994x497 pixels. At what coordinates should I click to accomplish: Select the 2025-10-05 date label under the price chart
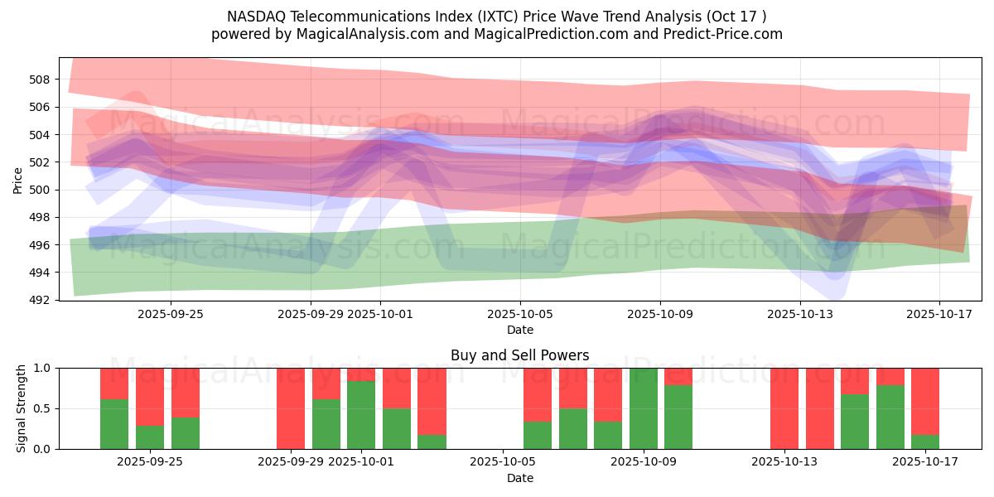click(520, 314)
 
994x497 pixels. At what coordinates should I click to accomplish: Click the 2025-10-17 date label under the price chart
click(939, 314)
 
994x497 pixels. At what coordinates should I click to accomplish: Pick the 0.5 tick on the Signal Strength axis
click(42, 408)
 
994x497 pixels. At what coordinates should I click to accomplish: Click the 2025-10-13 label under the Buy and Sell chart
click(784, 462)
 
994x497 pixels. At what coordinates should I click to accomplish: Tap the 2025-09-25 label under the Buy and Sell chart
click(150, 462)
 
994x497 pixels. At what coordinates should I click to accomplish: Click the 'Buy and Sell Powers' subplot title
click(519, 355)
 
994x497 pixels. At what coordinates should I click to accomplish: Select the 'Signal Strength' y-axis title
click(21, 408)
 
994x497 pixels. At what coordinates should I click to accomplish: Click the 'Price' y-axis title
click(17, 181)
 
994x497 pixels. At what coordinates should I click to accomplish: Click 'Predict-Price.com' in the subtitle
click(723, 34)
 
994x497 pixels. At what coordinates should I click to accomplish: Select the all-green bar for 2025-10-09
click(644, 408)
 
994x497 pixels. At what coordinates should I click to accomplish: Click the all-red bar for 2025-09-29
click(291, 408)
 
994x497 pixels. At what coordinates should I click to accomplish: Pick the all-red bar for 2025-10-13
click(784, 408)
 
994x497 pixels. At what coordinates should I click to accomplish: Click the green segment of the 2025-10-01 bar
click(361, 415)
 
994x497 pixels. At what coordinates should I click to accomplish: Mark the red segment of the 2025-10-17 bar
click(925, 402)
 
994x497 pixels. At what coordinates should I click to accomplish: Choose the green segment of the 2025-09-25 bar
click(150, 437)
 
